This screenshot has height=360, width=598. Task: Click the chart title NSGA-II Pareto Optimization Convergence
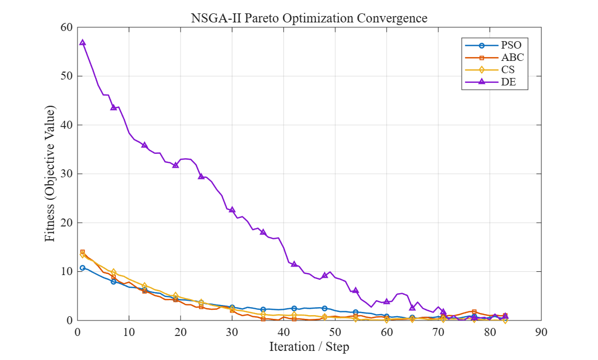click(309, 18)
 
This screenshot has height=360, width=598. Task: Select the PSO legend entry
click(493, 45)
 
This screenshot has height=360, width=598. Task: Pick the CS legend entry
click(490, 70)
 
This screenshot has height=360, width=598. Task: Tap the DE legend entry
click(491, 82)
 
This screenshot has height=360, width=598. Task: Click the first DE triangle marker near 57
click(82, 43)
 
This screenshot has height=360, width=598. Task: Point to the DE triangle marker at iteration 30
click(232, 210)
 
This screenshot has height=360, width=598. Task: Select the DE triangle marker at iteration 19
click(175, 165)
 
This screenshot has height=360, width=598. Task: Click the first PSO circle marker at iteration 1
click(82, 268)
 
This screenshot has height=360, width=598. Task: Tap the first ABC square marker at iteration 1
click(82, 252)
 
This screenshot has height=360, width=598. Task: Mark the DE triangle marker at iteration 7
click(113, 107)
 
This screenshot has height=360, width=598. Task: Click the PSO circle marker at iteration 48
click(324, 308)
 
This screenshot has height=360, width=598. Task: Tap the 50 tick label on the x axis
click(335, 332)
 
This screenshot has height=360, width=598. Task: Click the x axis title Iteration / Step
click(309, 347)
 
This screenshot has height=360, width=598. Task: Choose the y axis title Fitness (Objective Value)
click(50, 174)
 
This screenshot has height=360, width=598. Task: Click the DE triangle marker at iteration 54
click(355, 291)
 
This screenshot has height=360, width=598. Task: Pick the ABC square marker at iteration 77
click(474, 311)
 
